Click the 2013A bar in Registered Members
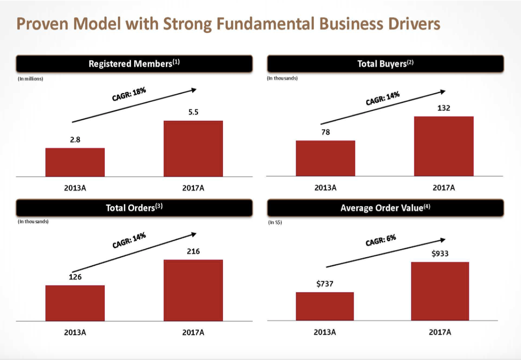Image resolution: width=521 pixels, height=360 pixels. pyautogui.click(x=75, y=162)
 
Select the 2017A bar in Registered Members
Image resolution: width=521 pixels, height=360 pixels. pyautogui.click(x=193, y=148)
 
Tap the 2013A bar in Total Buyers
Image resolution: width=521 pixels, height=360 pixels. pyautogui.click(x=325, y=158)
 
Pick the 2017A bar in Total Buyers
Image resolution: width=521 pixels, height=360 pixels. pyautogui.click(x=444, y=146)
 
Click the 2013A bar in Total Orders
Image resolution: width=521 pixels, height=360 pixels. pyautogui.click(x=75, y=303)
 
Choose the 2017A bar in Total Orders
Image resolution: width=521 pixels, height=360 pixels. pyautogui.click(x=193, y=290)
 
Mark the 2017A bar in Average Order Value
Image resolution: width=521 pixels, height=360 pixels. pyautogui.click(x=440, y=291)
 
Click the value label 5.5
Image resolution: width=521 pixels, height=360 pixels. pyautogui.click(x=193, y=113)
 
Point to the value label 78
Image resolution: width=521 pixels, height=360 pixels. pyautogui.click(x=326, y=132)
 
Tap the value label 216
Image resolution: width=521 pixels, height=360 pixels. pyautogui.click(x=193, y=251)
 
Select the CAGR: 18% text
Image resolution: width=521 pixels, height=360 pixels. pyautogui.click(x=129, y=95)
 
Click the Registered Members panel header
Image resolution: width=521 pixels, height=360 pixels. pyautogui.click(x=134, y=64)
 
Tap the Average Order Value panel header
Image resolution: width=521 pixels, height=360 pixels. pyautogui.click(x=385, y=208)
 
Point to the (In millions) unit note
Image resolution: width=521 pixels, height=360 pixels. pyautogui.click(x=31, y=79)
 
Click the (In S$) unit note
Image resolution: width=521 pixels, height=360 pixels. pyautogui.click(x=275, y=223)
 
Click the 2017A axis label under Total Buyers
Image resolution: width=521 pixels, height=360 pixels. pyautogui.click(x=444, y=188)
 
